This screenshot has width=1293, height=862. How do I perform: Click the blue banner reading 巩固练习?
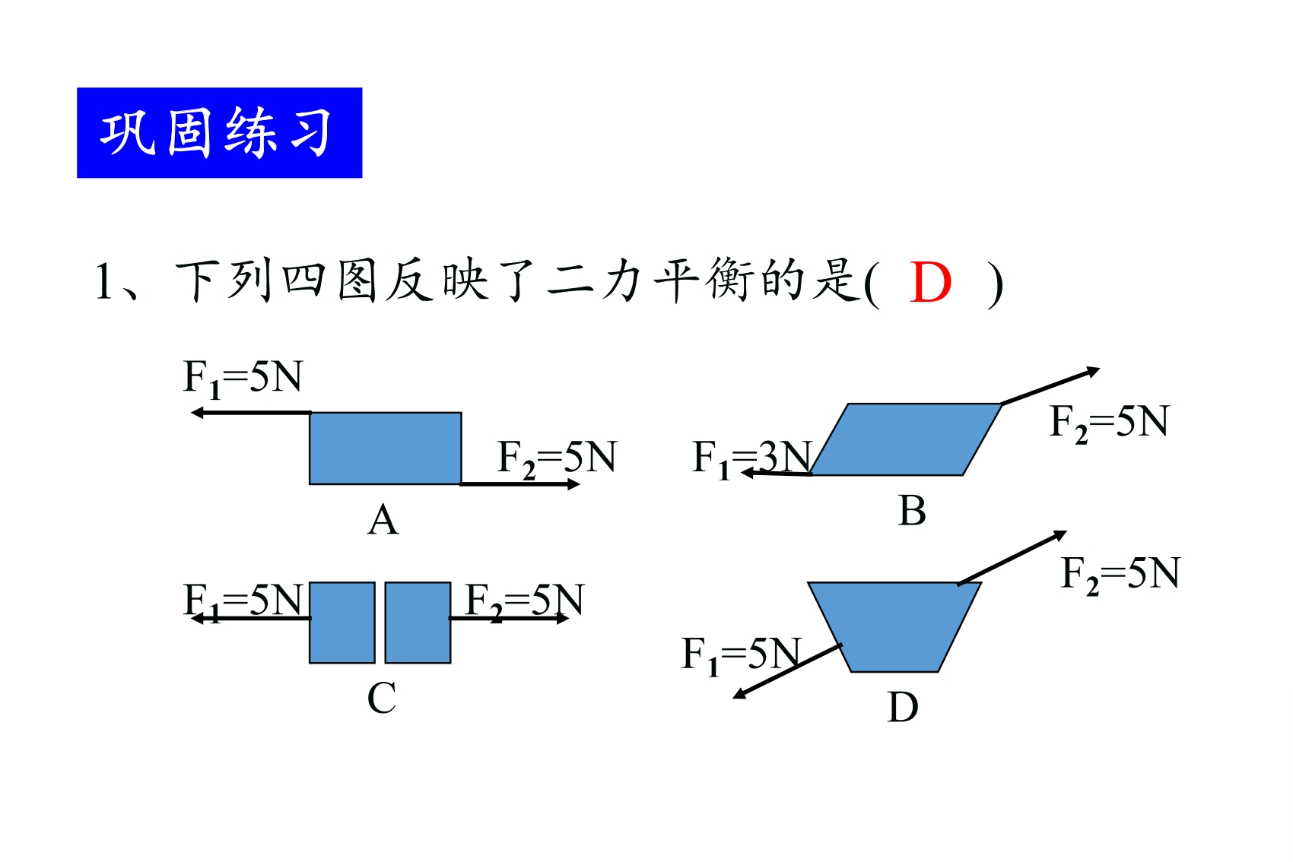pos(219,133)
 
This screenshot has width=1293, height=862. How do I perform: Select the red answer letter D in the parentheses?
pos(930,282)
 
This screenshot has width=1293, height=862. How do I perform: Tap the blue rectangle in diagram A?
pos(386,448)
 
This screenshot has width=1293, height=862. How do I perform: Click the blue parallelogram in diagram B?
pos(906,439)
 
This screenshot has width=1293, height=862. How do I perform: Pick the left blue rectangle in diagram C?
pos(342,623)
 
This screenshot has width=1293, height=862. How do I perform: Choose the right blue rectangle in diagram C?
pos(418,623)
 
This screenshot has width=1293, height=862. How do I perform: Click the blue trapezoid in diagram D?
pos(894,627)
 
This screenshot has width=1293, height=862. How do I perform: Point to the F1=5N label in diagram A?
pos(243,379)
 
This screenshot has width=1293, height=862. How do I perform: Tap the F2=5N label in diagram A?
pos(557,458)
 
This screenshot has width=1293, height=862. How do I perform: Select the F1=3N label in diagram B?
pos(753,458)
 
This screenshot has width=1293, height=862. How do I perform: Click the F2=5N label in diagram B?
pos(1109,423)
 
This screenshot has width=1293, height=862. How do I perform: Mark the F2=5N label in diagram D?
pos(1121,575)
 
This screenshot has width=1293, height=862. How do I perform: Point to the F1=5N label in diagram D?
pos(742,656)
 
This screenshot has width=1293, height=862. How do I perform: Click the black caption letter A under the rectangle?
pos(383,521)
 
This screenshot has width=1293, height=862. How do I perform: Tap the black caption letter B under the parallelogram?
pos(912,511)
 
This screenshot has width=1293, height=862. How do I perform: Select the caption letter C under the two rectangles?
pos(382,698)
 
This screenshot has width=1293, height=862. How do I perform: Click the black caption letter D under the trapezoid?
pos(903,708)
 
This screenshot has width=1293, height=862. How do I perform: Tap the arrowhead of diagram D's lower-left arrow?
pos(739,695)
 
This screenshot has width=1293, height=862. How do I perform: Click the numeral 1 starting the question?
pos(104,281)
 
